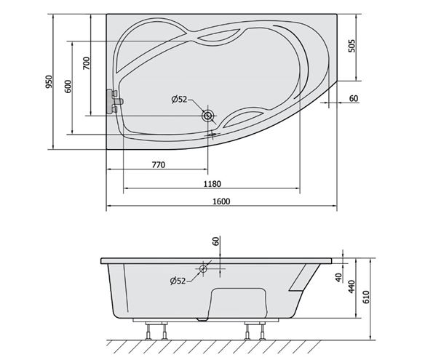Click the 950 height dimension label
click(x=49, y=81)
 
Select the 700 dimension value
click(x=87, y=63)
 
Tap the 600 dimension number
click(x=68, y=87)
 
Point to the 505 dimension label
click(x=351, y=46)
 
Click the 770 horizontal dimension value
click(x=159, y=165)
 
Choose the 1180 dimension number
click(x=212, y=183)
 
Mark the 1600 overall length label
click(x=221, y=201)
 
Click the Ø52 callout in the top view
click(x=179, y=99)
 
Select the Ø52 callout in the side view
click(x=178, y=281)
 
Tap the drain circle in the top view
click(x=207, y=116)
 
